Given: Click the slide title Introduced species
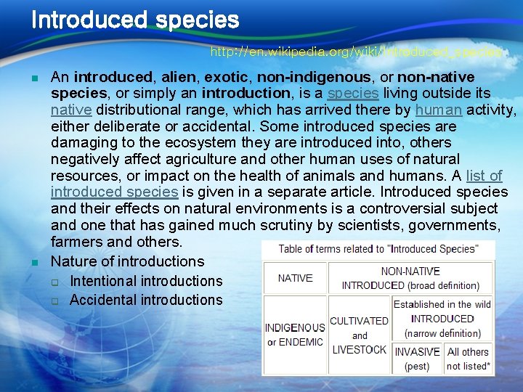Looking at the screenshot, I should [135, 20].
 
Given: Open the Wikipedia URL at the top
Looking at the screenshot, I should [356, 52].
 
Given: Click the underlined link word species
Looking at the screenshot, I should [352, 94].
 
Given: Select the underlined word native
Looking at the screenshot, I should [70, 110].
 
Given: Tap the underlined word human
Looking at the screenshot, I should [438, 110].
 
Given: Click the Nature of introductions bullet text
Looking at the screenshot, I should [128, 261].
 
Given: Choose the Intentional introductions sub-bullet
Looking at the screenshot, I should [146, 281].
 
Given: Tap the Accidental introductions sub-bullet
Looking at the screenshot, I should [146, 300].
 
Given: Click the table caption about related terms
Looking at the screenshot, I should [378, 249].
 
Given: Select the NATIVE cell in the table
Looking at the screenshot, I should [295, 278].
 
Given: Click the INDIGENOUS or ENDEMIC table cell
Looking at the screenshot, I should [295, 335].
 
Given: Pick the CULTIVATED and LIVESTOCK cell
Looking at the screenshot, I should [359, 335].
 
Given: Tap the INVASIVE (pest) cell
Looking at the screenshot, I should [417, 359].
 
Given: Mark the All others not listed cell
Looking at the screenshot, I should [469, 359].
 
